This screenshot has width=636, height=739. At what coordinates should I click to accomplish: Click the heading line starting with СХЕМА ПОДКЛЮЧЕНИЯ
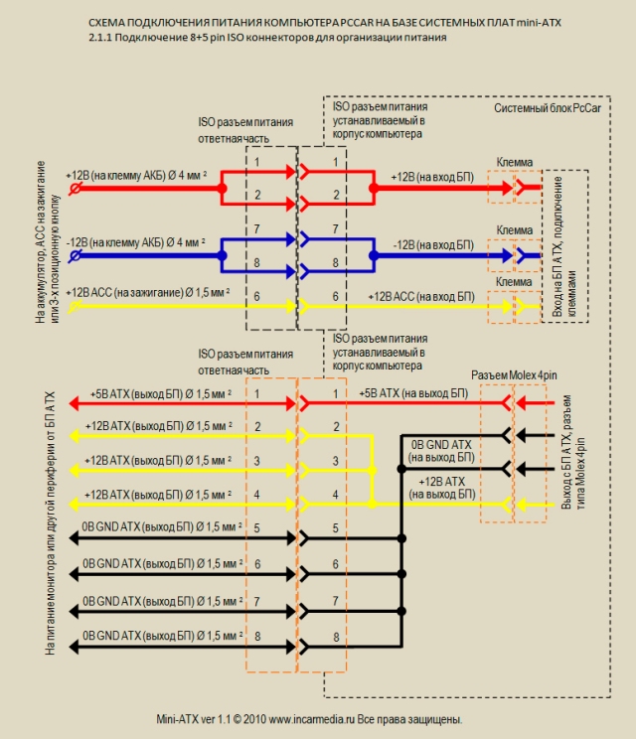coord(323,21)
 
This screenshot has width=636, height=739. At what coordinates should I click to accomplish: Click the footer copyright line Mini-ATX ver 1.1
coord(310,718)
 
